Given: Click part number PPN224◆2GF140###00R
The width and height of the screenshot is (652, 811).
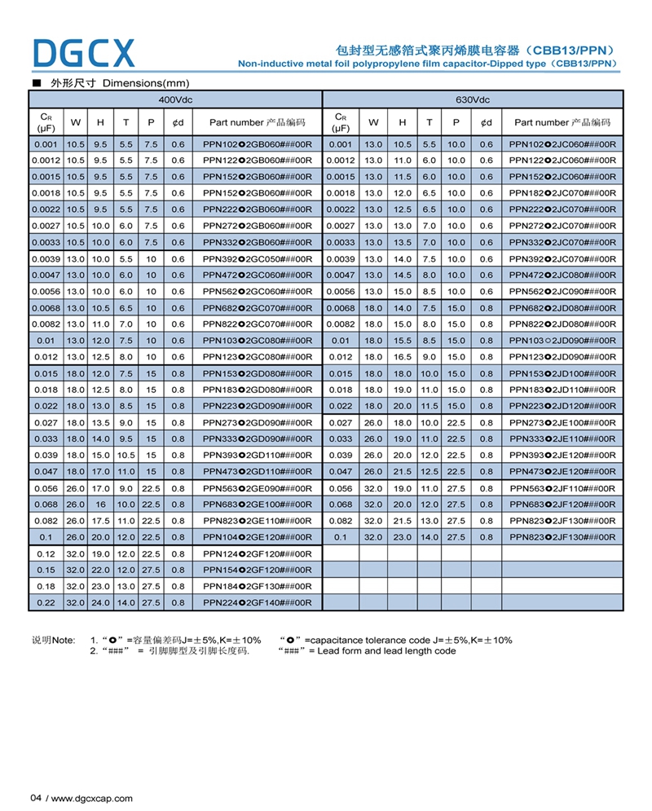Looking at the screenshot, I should point(258,602).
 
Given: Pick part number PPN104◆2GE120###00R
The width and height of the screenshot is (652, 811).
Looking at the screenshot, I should point(258,537).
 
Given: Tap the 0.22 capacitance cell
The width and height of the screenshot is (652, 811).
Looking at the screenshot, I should point(46,602).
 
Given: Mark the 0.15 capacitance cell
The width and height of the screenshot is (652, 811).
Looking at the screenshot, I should point(46,570).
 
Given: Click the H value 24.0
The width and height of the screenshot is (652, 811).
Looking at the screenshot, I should point(100,602).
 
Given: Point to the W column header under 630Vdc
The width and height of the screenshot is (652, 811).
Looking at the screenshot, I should point(374,122).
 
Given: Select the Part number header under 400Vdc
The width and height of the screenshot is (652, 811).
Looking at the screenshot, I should point(258,122).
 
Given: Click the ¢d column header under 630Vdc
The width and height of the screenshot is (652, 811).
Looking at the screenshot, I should point(487,122).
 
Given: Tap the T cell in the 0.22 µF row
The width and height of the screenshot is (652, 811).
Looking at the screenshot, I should point(126,602).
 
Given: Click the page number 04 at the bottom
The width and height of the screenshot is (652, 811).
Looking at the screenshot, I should point(36,798).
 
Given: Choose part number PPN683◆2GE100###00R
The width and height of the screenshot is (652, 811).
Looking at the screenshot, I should point(258,505).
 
